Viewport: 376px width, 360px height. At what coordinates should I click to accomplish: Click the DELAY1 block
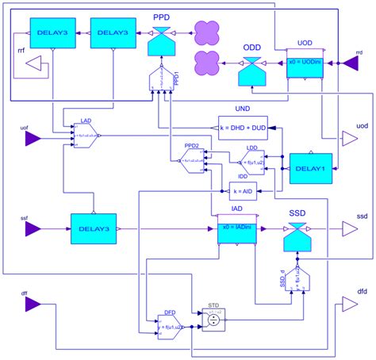310,169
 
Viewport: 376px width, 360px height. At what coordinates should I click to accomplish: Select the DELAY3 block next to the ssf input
94,228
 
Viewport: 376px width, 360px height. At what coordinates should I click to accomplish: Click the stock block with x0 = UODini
304,63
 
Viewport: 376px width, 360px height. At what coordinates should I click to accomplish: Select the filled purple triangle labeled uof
33,140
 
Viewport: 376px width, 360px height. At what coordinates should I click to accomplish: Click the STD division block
213,319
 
